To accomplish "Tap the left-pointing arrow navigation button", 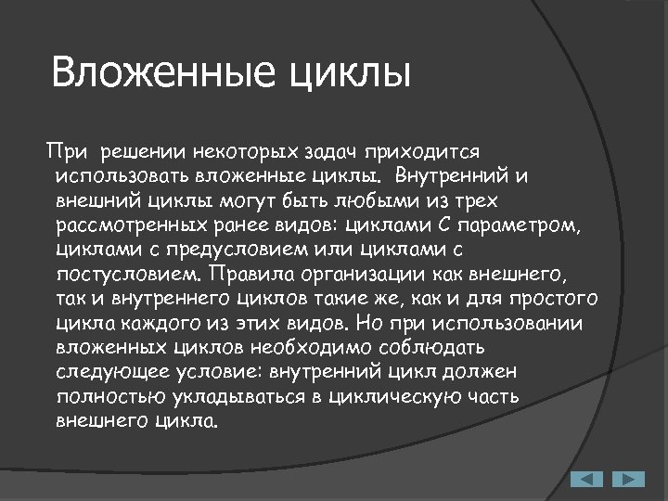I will (x=586, y=479).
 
